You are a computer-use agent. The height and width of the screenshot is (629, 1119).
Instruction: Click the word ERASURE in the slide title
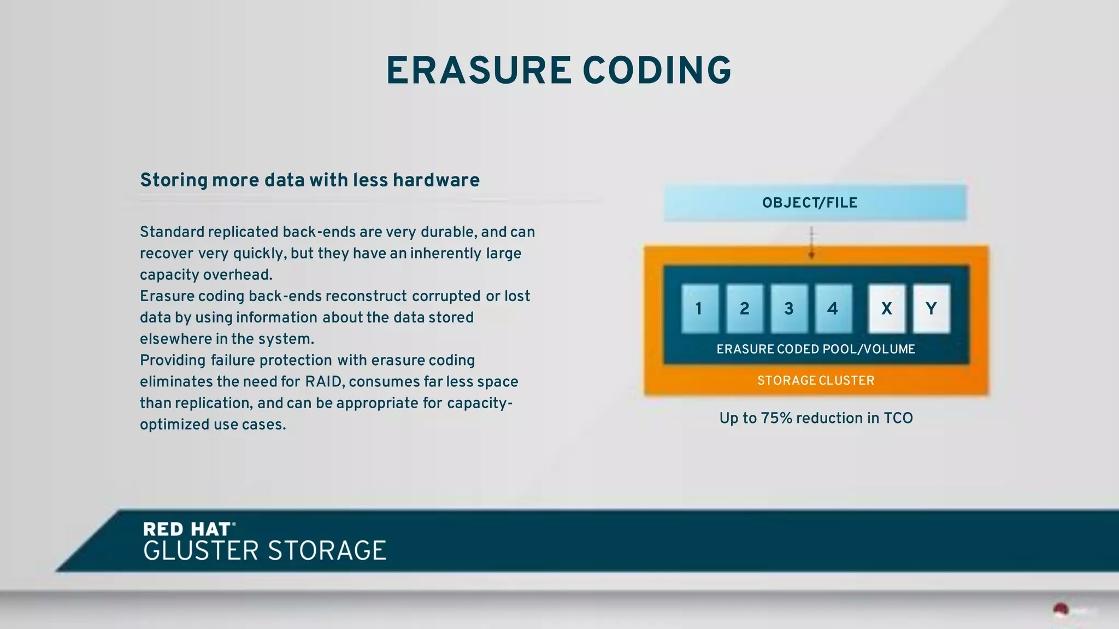[479, 71]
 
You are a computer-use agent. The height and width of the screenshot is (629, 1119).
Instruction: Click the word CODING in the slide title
[657, 71]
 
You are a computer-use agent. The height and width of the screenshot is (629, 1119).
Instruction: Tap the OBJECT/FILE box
[815, 203]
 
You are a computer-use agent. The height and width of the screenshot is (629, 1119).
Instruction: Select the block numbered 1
[700, 308]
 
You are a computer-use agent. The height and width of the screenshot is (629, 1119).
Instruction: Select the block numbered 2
[744, 308]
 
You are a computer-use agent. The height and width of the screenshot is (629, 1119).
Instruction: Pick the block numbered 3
[788, 308]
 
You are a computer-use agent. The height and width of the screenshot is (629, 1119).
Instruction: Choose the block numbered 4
[833, 308]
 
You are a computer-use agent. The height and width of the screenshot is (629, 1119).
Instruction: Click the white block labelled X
[886, 308]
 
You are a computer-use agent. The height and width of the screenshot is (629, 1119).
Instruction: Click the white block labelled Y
[931, 308]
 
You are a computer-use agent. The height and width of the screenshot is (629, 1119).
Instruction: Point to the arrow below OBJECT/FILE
[811, 243]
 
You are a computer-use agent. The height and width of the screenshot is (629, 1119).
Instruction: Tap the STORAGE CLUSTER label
[815, 380]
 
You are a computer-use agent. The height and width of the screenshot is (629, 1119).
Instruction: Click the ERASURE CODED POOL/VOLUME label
[815, 349]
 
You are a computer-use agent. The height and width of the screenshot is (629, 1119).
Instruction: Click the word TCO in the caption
[898, 418]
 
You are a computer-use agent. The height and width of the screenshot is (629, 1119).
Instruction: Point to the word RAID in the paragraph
[323, 381]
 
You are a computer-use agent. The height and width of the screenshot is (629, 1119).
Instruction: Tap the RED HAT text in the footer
[187, 529]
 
